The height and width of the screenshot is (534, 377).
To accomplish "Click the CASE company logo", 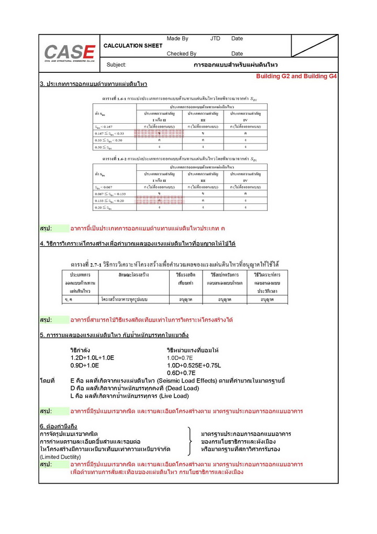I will click(69, 52).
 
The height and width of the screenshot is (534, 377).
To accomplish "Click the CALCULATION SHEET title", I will click(133, 46).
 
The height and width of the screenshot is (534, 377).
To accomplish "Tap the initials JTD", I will click(215, 39).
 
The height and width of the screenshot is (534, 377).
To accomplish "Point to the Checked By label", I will click(181, 53).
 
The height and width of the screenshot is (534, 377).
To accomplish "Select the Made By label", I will click(177, 39).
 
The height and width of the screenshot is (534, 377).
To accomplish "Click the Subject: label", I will click(116, 65).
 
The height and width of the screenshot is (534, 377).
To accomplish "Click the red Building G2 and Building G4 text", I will click(296, 77).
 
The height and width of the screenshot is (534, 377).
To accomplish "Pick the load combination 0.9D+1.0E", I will click(85, 365).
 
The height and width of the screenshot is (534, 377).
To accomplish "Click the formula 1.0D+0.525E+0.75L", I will click(194, 365).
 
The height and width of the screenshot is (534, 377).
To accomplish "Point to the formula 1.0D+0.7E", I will click(181, 357).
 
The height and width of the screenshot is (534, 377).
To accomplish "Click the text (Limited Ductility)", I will click(61, 457).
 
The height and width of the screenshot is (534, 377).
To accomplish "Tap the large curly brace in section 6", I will click(189, 442).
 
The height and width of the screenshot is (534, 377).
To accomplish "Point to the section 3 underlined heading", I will click(93, 84).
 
